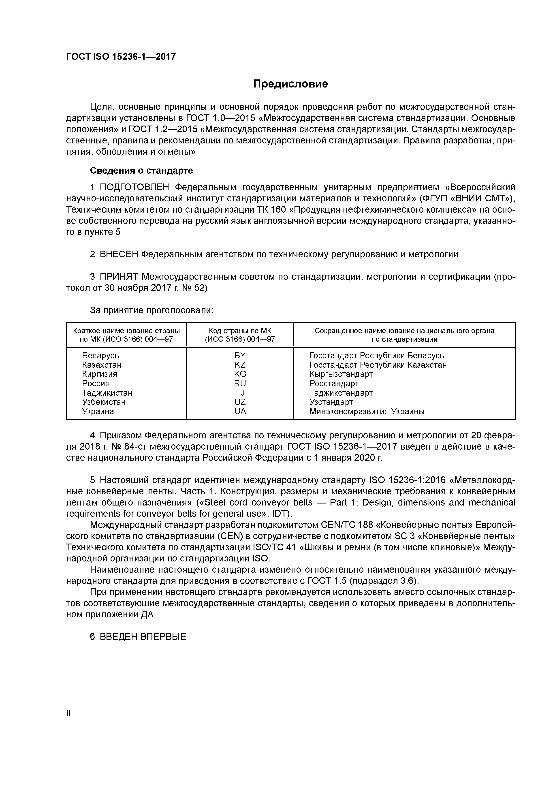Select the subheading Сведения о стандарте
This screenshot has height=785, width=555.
[x=141, y=170]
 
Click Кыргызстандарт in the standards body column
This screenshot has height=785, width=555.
[x=341, y=374]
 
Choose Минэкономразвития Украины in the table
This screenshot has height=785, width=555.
[x=367, y=411]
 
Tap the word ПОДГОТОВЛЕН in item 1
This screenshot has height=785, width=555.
[x=134, y=187]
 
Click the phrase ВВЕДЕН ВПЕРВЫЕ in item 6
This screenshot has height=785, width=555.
[x=143, y=637]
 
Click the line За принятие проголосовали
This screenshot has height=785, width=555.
[x=152, y=310]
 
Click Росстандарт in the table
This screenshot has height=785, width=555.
[x=334, y=383]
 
